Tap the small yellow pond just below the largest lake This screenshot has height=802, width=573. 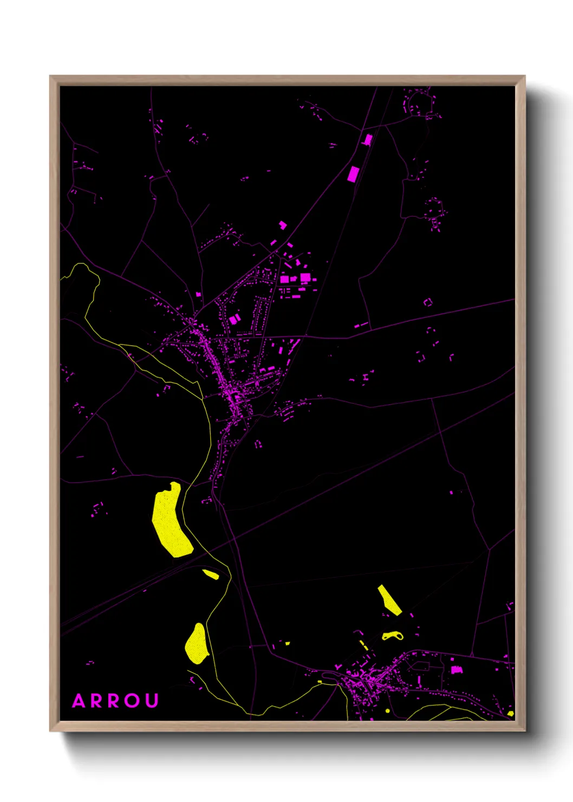[211, 574]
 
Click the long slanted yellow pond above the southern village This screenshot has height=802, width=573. [389, 600]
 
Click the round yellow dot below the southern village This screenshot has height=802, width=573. [388, 710]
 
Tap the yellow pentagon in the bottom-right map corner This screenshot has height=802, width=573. [510, 713]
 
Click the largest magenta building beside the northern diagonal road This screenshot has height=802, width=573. [353, 174]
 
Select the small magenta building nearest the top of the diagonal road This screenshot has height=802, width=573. [368, 140]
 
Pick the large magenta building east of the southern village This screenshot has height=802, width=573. [457, 670]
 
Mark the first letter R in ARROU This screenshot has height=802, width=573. [97, 701]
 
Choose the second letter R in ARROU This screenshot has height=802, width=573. [115, 701]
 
